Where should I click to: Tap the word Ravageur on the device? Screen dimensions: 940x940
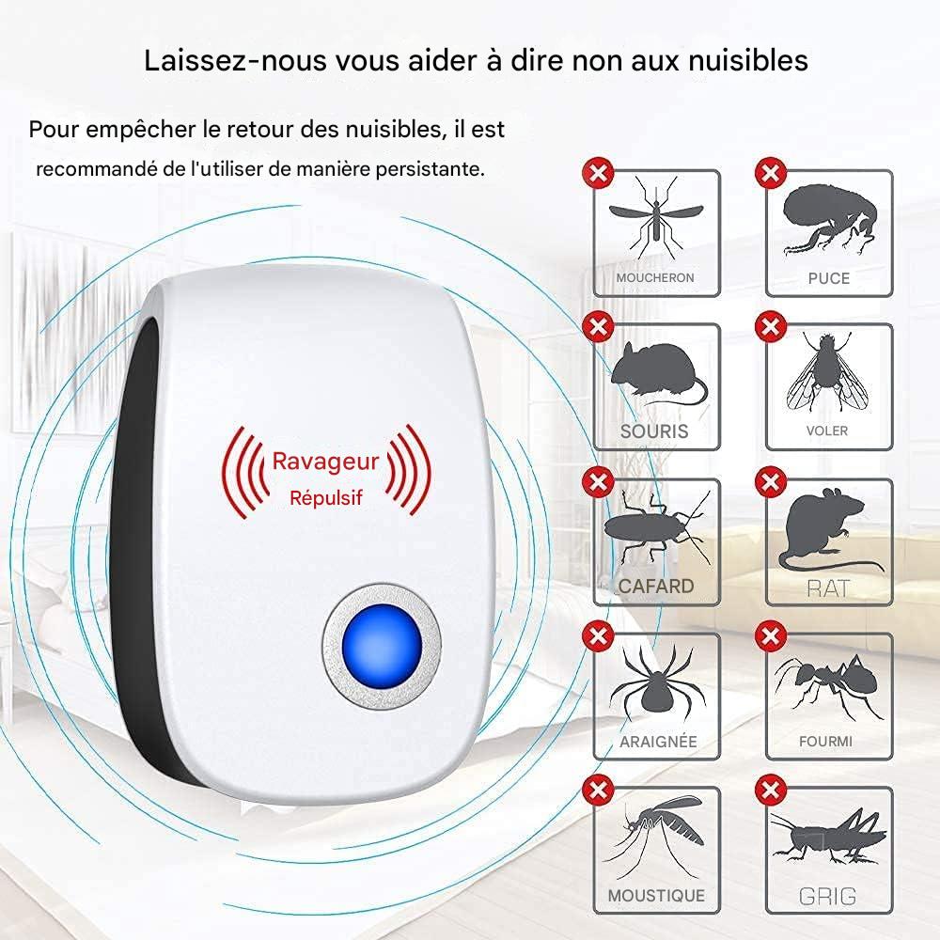tap(325, 461)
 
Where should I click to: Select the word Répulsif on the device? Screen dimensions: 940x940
tap(325, 498)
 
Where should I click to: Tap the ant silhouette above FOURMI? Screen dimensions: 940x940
tap(828, 685)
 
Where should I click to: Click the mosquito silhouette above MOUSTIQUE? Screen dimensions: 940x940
tap(657, 832)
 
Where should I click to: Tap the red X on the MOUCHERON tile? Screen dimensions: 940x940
tap(596, 172)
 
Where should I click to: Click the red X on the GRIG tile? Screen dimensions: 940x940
tap(770, 788)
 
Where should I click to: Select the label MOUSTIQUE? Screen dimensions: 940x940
tap(655, 897)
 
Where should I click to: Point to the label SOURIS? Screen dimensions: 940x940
tap(654, 431)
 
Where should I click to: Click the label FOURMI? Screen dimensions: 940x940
tap(826, 742)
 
